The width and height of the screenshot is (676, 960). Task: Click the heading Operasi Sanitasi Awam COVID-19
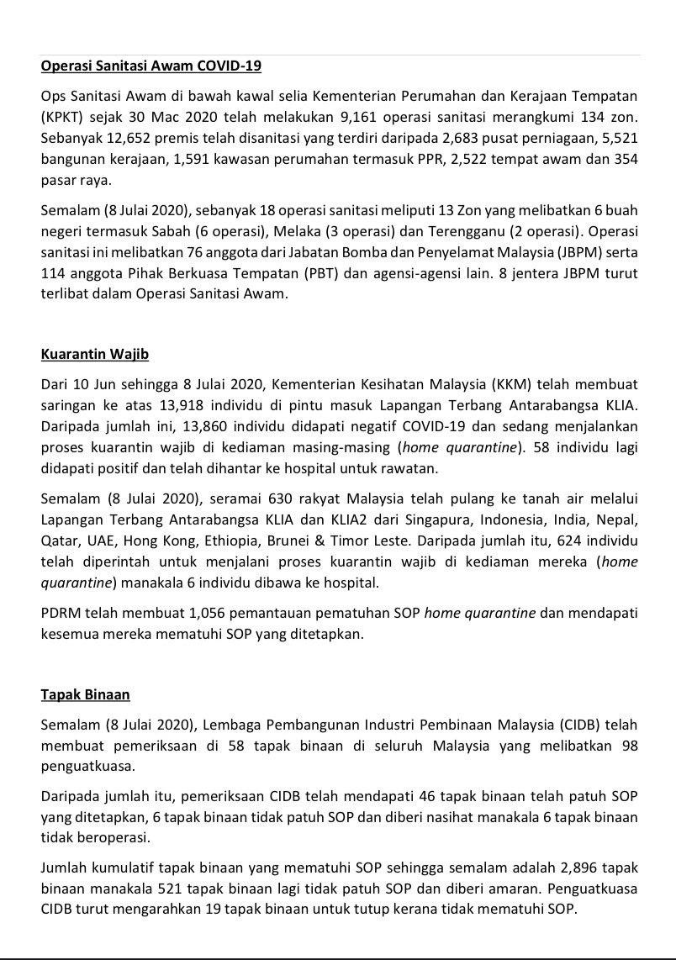(x=151, y=66)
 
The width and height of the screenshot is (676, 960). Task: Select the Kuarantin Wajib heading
(x=95, y=354)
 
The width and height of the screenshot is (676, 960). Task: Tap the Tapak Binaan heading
(x=85, y=694)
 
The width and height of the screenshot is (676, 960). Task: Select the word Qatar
(x=58, y=541)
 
